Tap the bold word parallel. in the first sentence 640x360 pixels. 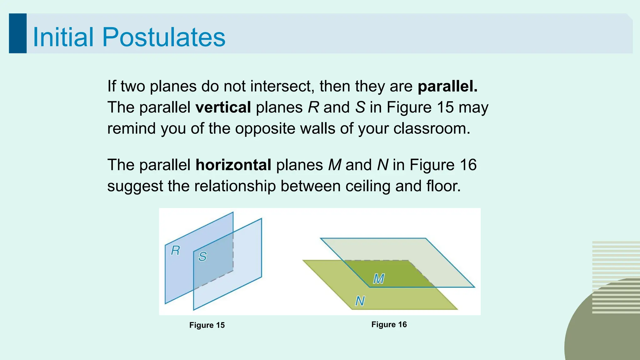447,86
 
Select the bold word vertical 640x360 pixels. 223,107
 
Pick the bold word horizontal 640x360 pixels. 233,165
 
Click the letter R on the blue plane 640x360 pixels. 175,251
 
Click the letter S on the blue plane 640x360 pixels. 202,257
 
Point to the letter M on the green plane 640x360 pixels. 379,279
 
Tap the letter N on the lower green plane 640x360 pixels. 360,301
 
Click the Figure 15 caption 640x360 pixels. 207,325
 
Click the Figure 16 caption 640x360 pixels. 389,325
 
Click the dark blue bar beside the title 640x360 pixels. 17,33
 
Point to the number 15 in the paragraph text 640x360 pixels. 445,107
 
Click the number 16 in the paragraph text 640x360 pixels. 468,165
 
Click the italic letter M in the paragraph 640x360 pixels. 335,165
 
